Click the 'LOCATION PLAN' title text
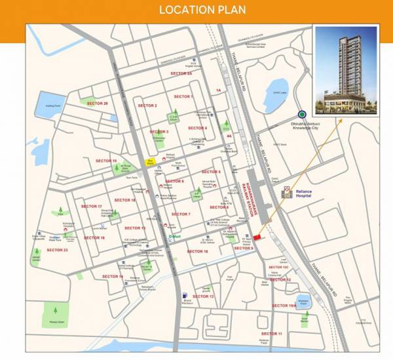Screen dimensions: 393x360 [196, 10]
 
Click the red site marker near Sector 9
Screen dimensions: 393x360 [257, 237]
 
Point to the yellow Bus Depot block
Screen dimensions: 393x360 [150, 161]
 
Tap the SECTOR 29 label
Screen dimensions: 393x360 [96, 104]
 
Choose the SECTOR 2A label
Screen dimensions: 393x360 [181, 74]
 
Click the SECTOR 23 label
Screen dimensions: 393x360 [57, 250]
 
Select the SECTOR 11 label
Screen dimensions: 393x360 [271, 334]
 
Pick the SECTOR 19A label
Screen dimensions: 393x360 [283, 306]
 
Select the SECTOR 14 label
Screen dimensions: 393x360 [112, 276]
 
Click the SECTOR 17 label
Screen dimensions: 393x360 [92, 206]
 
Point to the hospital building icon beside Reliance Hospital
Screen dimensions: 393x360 [286, 192]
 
